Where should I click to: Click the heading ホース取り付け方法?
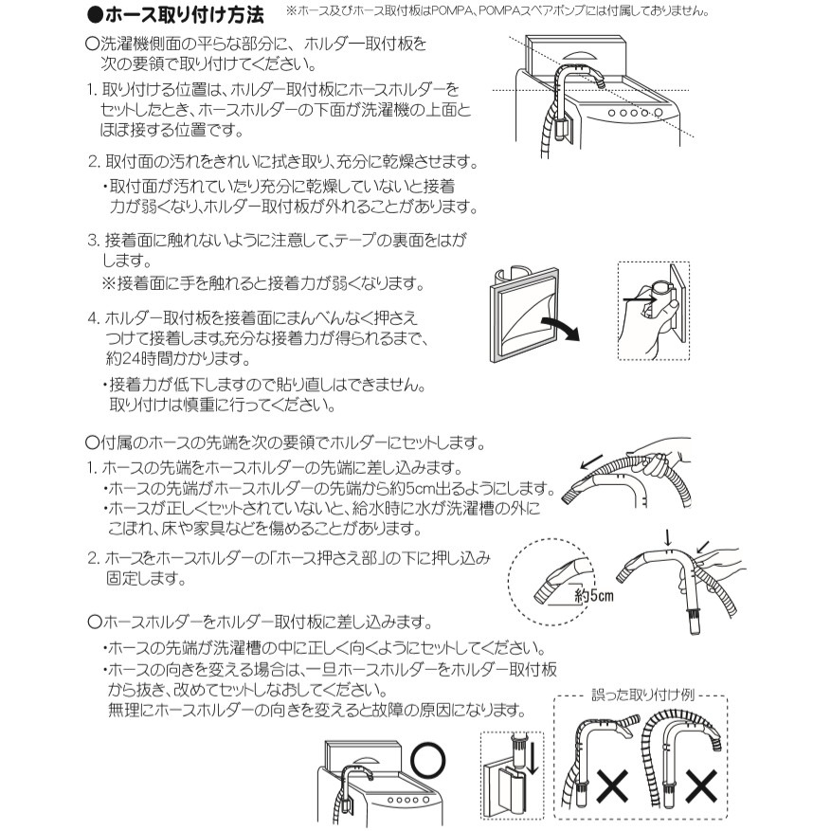pyautogui.click(x=176, y=15)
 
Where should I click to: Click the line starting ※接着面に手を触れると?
pyautogui.click(x=263, y=283)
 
